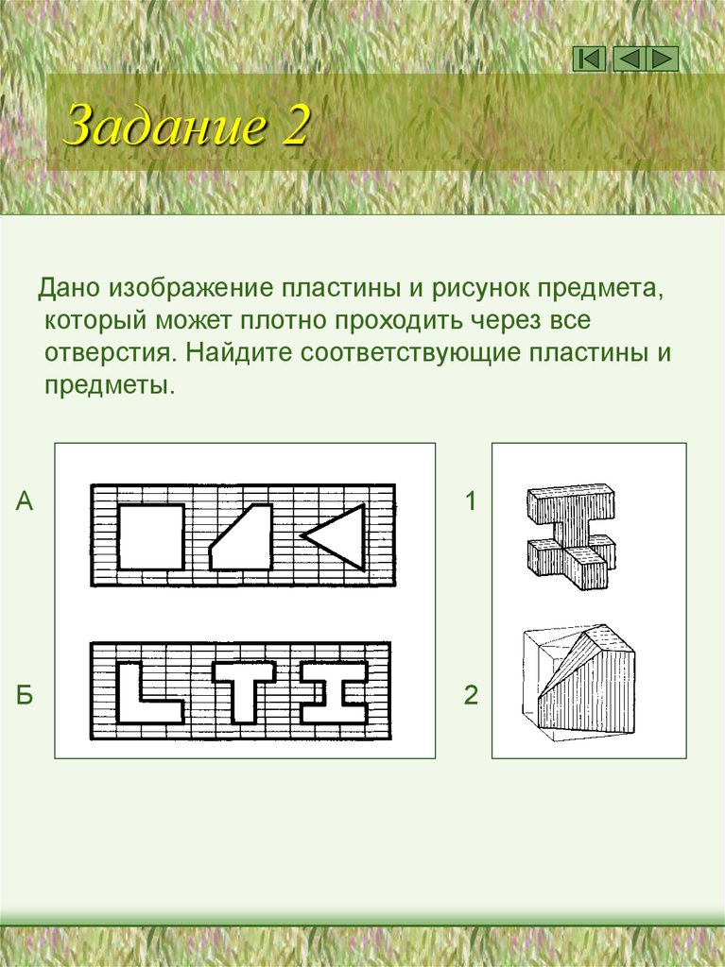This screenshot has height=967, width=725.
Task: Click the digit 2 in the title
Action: [x=293, y=126]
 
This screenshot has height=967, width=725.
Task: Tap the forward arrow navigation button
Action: [x=665, y=59]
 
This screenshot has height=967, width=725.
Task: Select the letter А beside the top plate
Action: [x=25, y=501]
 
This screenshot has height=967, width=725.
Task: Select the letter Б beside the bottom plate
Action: [x=25, y=697]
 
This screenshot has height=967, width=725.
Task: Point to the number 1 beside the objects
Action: [x=471, y=501]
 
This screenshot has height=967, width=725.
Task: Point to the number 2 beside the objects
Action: [x=471, y=697]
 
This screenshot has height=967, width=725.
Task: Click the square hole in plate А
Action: [x=150, y=535]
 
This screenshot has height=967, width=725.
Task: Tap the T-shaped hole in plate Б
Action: [x=244, y=689]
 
